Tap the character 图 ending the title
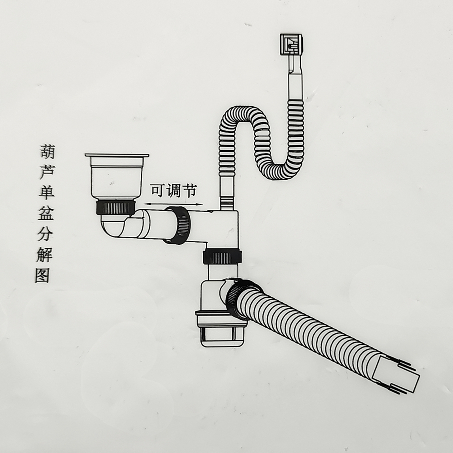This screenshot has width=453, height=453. (42, 276)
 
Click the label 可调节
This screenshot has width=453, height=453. (173, 191)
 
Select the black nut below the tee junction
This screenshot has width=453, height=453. (221, 257)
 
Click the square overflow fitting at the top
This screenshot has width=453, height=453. (291, 44)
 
